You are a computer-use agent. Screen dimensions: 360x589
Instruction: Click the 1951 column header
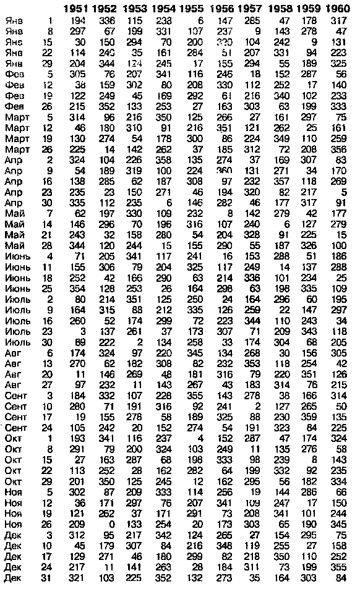coord(77,9)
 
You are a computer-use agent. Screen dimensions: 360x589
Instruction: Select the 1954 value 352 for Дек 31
coord(163,578)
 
